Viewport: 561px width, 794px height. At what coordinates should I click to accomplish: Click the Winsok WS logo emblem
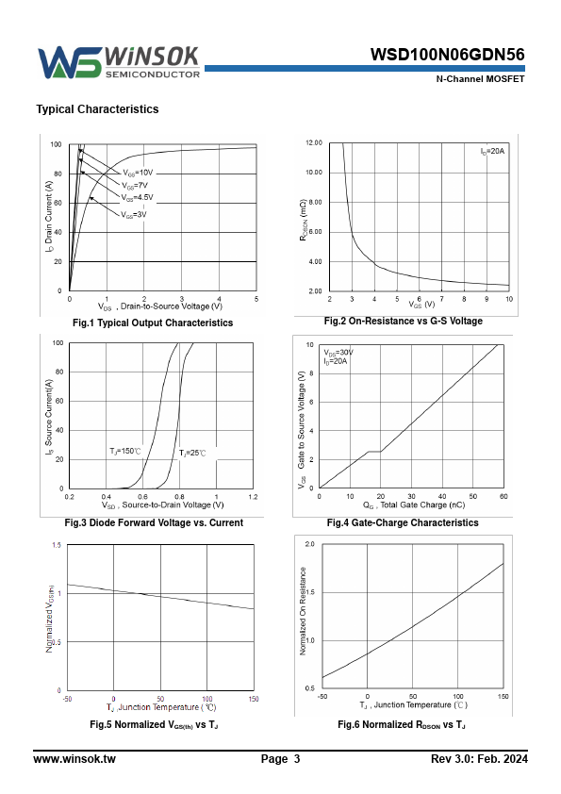point(70,62)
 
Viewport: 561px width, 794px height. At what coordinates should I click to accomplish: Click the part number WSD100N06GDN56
point(447,55)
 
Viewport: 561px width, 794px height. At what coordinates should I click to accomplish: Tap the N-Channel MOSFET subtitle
point(480,79)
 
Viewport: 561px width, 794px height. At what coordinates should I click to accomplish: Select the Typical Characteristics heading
point(97,109)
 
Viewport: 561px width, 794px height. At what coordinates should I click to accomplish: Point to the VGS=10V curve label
point(138,173)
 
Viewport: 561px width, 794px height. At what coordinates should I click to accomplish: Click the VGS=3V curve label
point(134,215)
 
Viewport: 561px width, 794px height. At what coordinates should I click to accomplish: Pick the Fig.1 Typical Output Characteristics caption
point(153,323)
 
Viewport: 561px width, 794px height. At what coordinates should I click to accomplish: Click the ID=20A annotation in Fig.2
point(492,152)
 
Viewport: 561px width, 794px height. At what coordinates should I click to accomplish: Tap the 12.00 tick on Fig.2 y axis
point(314,142)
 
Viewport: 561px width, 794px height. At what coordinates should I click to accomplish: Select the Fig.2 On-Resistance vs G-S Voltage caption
point(403,321)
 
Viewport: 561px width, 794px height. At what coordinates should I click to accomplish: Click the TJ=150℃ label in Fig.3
point(125,451)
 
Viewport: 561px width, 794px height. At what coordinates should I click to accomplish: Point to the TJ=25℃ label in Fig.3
point(192,454)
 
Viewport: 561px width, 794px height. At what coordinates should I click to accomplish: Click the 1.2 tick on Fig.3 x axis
point(253,497)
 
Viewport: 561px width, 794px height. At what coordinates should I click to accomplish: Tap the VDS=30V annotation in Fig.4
point(338,353)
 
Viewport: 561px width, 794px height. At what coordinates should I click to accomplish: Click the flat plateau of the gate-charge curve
point(374,451)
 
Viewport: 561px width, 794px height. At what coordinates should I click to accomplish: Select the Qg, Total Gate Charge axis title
point(414,505)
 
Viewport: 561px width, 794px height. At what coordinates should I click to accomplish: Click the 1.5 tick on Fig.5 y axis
point(57,545)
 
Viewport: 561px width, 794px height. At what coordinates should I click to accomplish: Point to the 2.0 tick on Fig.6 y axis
point(309,544)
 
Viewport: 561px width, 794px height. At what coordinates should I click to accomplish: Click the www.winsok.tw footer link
point(74,759)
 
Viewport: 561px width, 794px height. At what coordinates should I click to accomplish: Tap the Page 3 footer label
point(281,759)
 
